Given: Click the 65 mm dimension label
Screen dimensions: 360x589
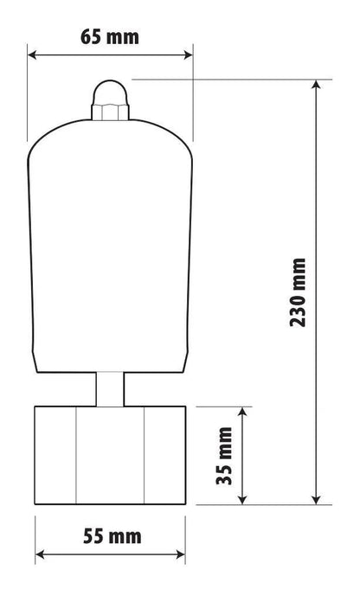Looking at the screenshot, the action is (110, 37).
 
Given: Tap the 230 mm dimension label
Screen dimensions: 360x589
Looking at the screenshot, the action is (298, 292).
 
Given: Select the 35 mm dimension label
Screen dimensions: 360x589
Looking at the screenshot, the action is (224, 456).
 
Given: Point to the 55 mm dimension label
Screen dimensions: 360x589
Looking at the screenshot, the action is (112, 536).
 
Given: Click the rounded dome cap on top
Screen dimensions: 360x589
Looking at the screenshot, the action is (111, 93).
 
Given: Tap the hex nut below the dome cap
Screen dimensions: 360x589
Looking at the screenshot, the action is (110, 112).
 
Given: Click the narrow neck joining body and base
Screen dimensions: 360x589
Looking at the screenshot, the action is (110, 389).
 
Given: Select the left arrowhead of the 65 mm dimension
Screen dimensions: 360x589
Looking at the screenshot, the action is (32, 55).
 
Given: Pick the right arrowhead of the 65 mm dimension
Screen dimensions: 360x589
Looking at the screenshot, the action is (188, 55).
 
